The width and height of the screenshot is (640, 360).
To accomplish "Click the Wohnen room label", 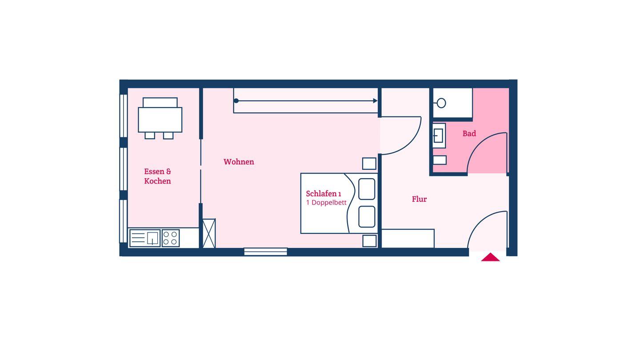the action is coord(239,162).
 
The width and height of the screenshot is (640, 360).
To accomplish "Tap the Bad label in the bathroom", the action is coord(469,133).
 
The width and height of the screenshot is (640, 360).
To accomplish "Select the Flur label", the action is coord(419,199).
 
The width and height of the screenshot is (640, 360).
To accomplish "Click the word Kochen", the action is coord(157,181).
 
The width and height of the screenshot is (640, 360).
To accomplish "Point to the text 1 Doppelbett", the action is coord(326,203).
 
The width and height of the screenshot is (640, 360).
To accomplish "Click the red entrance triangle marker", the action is coord(490,257).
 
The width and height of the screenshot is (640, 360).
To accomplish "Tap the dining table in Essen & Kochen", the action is coord(160,120).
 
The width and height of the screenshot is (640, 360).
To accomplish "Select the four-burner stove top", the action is coord(171,238).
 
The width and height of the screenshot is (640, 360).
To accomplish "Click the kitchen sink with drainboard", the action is coord(145,238).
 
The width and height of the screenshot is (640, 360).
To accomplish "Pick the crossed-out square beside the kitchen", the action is coord(209,233).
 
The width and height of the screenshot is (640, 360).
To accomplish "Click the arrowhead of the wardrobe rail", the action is coord(375,101).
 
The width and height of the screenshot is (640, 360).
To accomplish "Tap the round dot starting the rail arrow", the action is coord(236,101).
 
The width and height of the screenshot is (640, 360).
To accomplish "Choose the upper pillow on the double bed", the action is coord(367,189).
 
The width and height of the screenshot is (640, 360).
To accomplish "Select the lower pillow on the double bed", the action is coord(367,217).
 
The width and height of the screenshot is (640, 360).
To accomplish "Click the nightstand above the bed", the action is coord(369,164).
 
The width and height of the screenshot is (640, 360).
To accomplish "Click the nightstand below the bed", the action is coord(369,241).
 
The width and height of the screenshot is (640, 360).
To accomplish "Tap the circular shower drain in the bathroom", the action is coord(441,103).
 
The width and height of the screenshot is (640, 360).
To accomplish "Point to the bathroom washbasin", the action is coord(439,136).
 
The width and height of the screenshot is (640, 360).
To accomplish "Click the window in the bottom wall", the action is coord(265,252).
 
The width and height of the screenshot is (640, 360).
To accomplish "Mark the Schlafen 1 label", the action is coord(324,194).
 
